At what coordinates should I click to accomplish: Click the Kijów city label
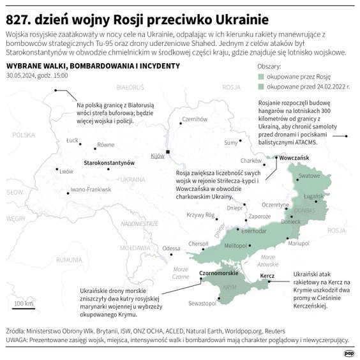click(x=157, y=156)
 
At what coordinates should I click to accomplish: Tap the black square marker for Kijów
click(x=167, y=151)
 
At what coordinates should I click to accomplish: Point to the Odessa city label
click(x=171, y=248)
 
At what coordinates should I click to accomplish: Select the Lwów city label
click(x=66, y=171)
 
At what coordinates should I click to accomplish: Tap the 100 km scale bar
click(x=24, y=307)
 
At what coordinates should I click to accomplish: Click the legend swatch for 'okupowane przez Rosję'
click(x=260, y=75)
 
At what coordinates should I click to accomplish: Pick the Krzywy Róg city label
click(x=199, y=216)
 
